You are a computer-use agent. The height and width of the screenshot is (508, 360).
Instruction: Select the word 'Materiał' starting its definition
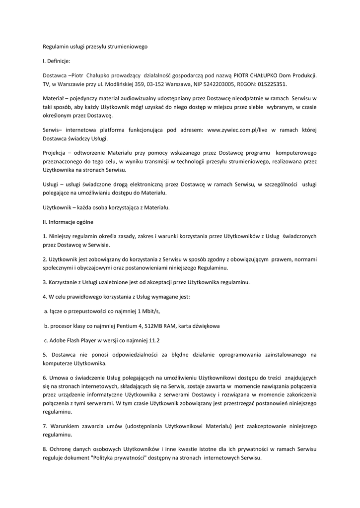pos(53,98)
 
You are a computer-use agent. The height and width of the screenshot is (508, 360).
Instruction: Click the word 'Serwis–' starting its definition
pos(52,130)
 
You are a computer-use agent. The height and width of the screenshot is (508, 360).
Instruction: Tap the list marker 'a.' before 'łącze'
pos(46,311)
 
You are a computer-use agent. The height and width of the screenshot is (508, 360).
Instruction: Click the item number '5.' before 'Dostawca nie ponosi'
pos(45,355)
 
